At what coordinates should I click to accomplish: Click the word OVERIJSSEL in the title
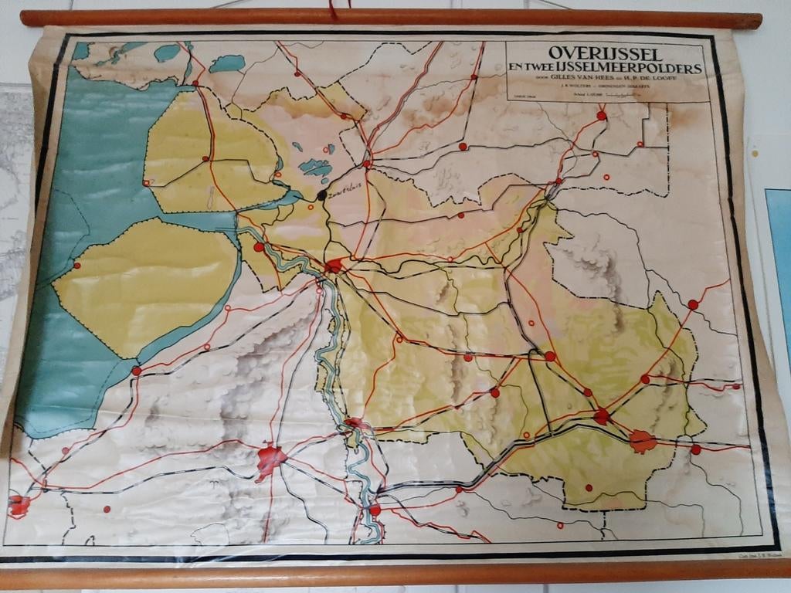tap(605, 54)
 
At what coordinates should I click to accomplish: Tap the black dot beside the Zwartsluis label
tap(322, 195)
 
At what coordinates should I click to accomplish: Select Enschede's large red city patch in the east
tap(642, 441)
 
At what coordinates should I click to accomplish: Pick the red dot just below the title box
tap(601, 116)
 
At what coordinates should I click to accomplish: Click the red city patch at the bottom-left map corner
tap(19, 505)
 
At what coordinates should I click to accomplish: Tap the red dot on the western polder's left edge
tap(76, 266)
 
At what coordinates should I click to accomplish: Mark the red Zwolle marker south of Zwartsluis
tap(334, 267)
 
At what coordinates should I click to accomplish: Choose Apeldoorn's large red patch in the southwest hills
tap(270, 459)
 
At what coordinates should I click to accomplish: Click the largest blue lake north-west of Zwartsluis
tap(314, 167)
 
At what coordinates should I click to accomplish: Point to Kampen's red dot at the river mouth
tap(259, 248)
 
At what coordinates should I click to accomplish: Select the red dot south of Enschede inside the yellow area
tap(589, 488)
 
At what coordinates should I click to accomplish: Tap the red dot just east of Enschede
tap(695, 449)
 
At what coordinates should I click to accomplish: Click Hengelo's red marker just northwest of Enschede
tap(602, 416)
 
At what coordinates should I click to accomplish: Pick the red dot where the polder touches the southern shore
tap(137, 371)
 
